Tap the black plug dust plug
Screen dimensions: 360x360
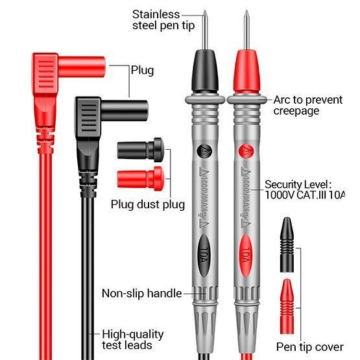pos(141,150)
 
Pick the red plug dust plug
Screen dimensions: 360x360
pos(141,178)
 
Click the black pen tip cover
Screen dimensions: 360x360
pos(287,245)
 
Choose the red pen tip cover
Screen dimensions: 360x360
pos(287,306)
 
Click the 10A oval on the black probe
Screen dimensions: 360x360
pos(204,256)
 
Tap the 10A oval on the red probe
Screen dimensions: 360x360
pos(246,256)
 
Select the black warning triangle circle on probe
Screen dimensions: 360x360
pos(204,151)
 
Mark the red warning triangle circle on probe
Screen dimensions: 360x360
pos(246,151)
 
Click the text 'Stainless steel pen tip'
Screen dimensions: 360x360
pos(163,20)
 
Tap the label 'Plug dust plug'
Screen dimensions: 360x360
pos(148,204)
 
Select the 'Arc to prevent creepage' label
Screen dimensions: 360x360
pos(308,105)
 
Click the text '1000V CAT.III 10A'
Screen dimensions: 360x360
pos(305,195)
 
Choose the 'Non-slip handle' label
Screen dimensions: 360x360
pos(141,293)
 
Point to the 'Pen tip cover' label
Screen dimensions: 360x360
pos(309,347)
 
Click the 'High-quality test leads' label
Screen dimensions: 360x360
pos(133,340)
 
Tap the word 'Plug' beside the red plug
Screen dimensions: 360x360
pos(142,71)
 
